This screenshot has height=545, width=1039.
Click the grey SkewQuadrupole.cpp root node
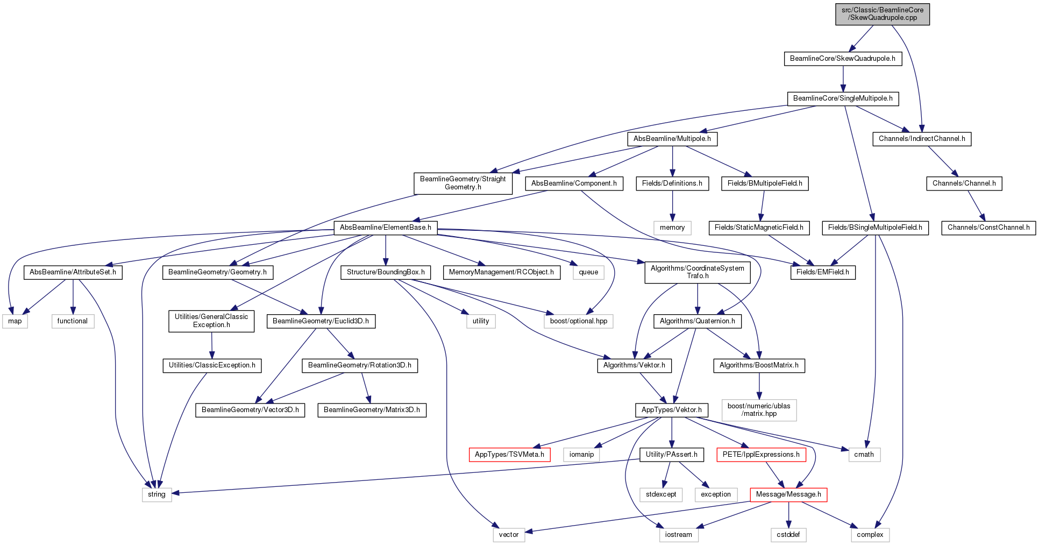pos(883,14)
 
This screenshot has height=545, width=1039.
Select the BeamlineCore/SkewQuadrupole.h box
pos(843,59)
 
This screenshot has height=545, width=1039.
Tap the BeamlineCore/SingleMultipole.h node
pos(843,98)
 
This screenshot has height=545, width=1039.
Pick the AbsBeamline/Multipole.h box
pos(672,139)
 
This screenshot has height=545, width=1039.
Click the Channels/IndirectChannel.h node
pos(922,139)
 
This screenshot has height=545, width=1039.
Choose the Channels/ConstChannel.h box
pos(988,228)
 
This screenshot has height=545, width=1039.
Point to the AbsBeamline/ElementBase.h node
pos(386,228)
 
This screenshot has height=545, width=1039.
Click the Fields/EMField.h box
pos(823,272)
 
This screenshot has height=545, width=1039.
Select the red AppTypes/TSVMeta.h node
pos(509,455)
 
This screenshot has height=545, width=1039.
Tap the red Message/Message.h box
pos(788,494)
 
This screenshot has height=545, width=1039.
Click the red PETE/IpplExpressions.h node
pos(761,455)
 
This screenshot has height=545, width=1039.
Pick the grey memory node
pos(672,228)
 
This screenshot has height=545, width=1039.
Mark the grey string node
pos(157,494)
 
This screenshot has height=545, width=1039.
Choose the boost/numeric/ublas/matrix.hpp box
pos(759,410)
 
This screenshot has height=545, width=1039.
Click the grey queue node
pos(588,272)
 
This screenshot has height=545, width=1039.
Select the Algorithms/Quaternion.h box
pos(698,321)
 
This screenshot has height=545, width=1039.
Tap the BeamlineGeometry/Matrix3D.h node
pos(372,410)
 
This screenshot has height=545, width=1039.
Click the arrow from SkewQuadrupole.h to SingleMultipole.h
pos(843,79)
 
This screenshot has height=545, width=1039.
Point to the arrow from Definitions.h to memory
pos(672,206)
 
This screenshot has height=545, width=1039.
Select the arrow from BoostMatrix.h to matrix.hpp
pos(759,386)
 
